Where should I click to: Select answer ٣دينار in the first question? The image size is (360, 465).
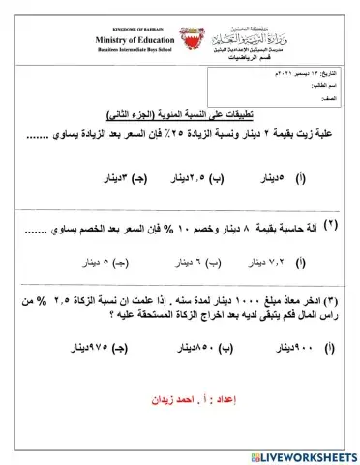[x=124, y=179]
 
